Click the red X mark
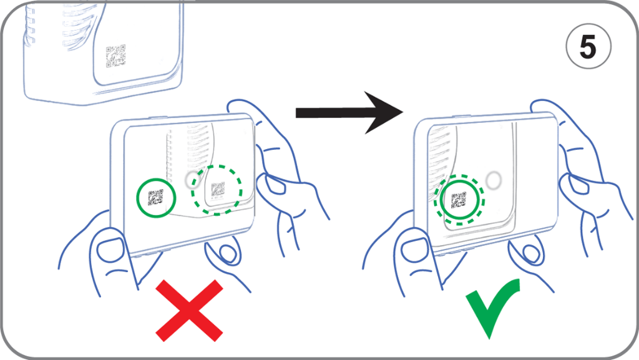pyautogui.click(x=189, y=310)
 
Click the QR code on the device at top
pyautogui.click(x=115, y=56)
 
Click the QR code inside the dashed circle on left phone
pyautogui.click(x=218, y=189)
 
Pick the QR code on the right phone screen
pyautogui.click(x=459, y=200)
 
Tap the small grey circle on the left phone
pyautogui.click(x=193, y=180)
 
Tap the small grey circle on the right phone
pyautogui.click(x=494, y=180)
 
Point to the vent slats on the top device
pyautogui.click(x=47, y=25)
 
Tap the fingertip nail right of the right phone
pyautogui.click(x=572, y=184)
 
